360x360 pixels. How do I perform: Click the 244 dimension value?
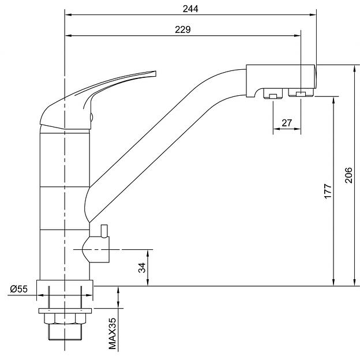coord(190,9)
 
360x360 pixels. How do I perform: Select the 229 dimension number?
coord(183,30)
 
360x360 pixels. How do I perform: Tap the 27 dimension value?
coord(287,123)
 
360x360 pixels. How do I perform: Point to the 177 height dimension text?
coord(328,191)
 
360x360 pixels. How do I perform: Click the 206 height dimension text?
coord(348,175)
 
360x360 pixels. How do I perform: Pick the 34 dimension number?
coord(142,268)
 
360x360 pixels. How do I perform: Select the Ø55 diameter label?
coord(19,289)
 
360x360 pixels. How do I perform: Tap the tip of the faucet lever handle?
coord(155,73)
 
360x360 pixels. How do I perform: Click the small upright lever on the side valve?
coord(104,231)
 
